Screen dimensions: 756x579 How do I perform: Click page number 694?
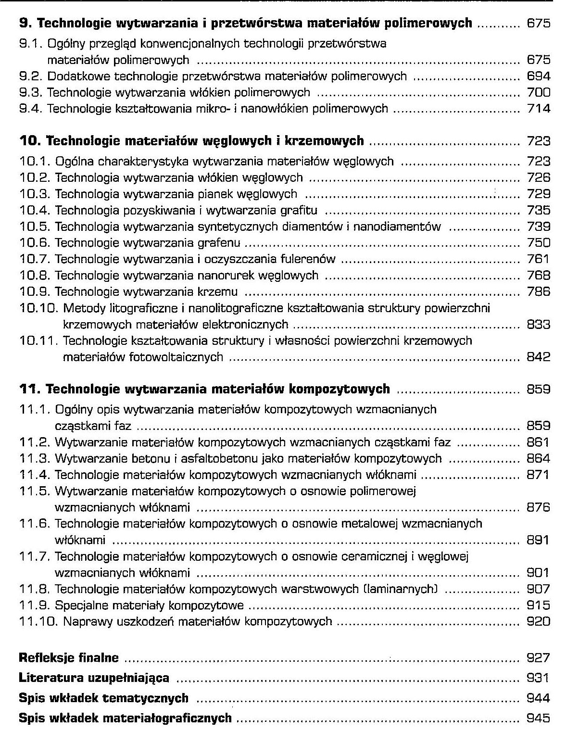pos(539,76)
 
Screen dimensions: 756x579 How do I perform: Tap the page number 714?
pos(539,109)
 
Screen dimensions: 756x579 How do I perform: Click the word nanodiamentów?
pos(397,227)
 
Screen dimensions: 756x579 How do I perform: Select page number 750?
pos(539,243)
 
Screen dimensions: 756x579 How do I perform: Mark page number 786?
pos(539,292)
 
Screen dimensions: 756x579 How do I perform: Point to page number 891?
pos(538,540)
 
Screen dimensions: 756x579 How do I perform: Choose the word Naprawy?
pos(84,622)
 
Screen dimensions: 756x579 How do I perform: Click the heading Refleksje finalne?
pos(69,658)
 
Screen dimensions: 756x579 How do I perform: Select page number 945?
pos(539,718)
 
